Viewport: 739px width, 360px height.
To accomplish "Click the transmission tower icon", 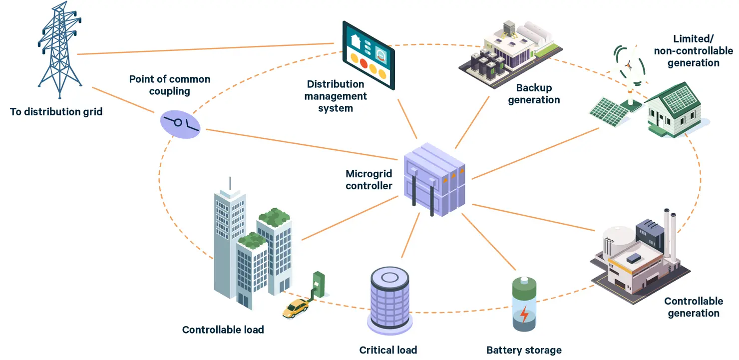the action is click(x=59, y=49).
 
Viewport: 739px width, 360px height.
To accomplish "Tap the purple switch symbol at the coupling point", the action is click(x=180, y=124).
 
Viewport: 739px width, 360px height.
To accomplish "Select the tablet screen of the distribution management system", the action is click(x=369, y=55).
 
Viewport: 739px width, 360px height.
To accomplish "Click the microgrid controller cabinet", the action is click(x=434, y=180).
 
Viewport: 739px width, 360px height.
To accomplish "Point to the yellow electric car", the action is click(x=295, y=308).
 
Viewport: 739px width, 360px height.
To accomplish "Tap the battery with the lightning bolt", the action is click(x=524, y=304).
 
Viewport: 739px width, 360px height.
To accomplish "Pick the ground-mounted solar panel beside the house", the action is click(x=609, y=111).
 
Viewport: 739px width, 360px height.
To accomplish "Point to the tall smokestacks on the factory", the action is click(x=670, y=234).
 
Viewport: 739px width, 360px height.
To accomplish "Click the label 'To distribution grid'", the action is click(x=56, y=112).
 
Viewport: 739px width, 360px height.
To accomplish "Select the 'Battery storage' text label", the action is click(x=524, y=350).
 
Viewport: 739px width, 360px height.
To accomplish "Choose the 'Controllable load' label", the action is click(x=223, y=330).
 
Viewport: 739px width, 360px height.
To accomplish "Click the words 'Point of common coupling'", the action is click(x=170, y=85).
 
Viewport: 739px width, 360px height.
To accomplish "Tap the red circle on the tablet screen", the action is click(x=364, y=63).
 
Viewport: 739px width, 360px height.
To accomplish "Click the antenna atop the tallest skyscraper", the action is click(x=230, y=183).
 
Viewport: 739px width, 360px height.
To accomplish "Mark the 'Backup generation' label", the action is click(x=534, y=94).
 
